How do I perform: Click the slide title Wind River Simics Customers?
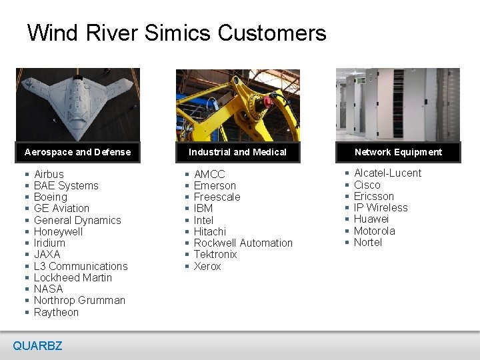177,33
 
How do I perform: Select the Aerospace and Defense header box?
78,152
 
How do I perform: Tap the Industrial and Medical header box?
237,152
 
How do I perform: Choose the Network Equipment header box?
398,152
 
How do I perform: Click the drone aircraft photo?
78,104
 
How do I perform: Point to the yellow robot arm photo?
237,105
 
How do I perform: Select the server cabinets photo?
398,104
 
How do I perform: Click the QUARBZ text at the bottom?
37,345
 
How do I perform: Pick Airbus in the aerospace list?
49,174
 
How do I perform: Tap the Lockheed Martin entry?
73,277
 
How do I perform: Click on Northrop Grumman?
79,300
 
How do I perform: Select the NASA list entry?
48,289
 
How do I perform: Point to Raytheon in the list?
56,312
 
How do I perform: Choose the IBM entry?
204,209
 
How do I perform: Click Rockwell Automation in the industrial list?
243,243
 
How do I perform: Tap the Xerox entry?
207,266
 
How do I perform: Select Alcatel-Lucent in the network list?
387,173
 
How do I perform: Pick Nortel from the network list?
368,242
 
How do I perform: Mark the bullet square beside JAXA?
25,255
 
